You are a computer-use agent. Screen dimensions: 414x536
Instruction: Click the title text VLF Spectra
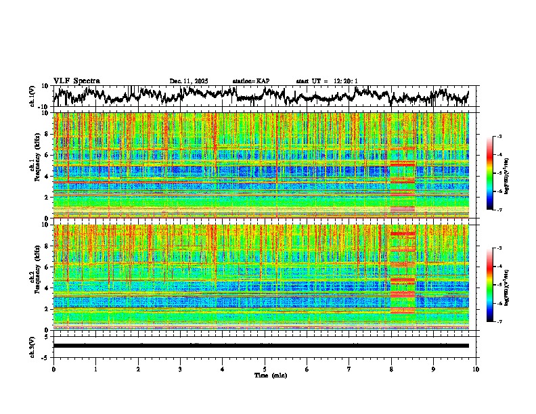[x=76, y=80]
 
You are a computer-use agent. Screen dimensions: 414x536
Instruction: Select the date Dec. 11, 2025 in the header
[x=189, y=81]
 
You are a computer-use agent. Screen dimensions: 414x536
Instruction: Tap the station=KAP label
[x=250, y=81]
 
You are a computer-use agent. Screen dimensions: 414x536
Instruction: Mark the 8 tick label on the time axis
[x=391, y=369]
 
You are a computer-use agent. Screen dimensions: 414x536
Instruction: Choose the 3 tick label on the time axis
[x=180, y=369]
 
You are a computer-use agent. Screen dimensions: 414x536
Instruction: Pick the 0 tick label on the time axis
[x=53, y=369]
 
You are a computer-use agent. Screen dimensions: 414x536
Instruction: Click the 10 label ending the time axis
[x=476, y=369]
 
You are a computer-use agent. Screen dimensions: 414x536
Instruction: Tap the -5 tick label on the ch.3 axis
[x=45, y=356]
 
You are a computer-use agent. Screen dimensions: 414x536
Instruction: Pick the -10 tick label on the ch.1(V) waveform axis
[x=43, y=107]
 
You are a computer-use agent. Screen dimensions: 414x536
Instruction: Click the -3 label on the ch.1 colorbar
[x=499, y=137]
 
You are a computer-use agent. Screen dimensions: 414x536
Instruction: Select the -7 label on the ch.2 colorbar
[x=499, y=322]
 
